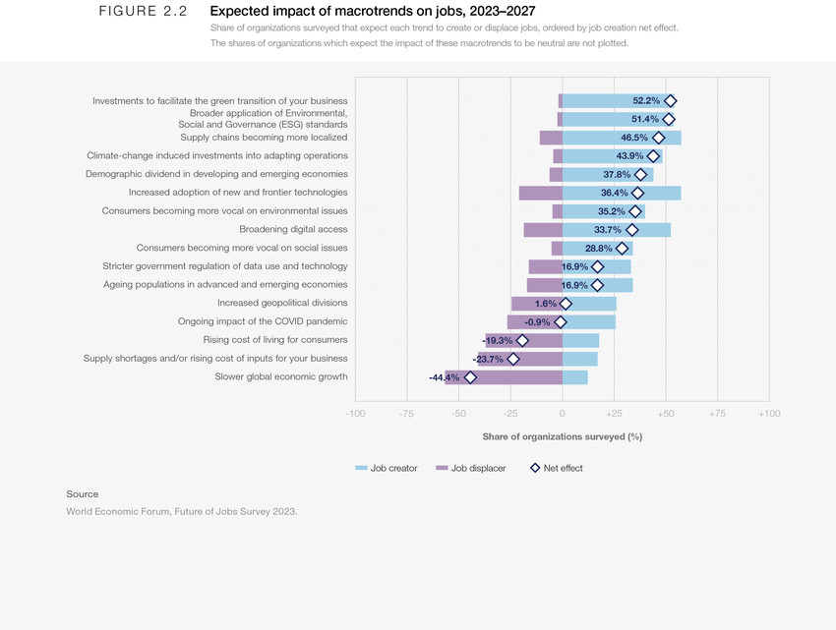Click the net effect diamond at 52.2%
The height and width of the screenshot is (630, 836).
(x=670, y=101)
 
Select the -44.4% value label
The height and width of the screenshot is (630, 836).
(x=444, y=377)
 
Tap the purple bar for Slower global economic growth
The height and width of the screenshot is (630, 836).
(x=504, y=377)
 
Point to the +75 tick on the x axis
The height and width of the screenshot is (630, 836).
(x=717, y=414)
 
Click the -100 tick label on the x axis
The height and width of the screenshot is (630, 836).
(x=355, y=414)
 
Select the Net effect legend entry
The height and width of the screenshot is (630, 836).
(x=556, y=468)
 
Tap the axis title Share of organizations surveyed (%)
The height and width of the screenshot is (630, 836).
(x=562, y=436)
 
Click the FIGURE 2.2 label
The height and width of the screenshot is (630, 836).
(x=144, y=12)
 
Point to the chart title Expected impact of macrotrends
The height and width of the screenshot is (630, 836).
(x=373, y=12)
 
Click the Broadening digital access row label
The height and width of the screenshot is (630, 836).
(x=293, y=229)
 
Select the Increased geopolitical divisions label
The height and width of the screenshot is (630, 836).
(x=282, y=303)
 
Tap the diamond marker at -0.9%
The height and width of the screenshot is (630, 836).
(x=561, y=321)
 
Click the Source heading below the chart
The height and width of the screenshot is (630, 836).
(x=83, y=493)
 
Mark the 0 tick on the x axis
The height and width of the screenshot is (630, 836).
(x=562, y=414)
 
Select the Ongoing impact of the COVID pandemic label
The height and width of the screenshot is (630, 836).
(x=263, y=321)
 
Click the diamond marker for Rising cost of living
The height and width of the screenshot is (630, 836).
(x=522, y=340)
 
